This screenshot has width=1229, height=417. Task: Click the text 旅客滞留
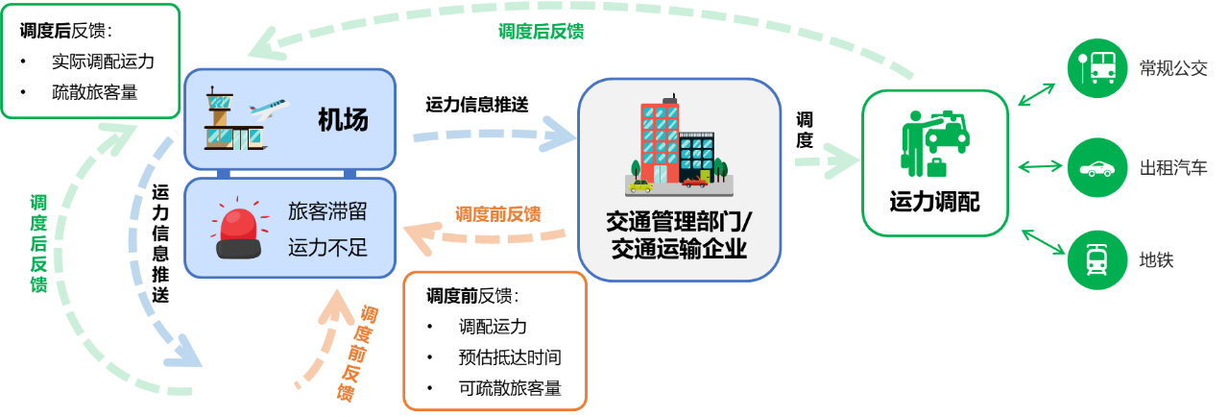327,211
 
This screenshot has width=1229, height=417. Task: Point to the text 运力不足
327,248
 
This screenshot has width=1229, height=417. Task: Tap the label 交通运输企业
679,251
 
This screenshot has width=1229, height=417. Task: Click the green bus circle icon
1096,67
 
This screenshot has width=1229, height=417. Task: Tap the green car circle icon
1096,168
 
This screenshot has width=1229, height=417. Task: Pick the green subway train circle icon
1096,259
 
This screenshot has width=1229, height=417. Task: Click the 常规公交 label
1172,68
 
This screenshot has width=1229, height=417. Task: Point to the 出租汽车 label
1172,168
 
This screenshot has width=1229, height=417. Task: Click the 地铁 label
1156,260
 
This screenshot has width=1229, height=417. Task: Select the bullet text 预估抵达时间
509,357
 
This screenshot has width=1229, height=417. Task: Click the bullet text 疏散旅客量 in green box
94,92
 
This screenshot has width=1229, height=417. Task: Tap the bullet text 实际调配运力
103,61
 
